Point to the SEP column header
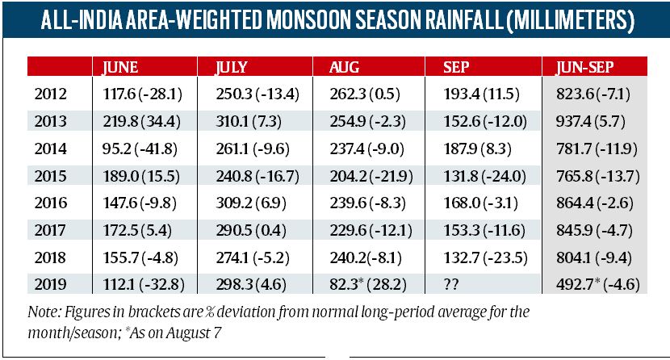458,68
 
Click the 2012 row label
52,94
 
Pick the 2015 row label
52,177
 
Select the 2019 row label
52,284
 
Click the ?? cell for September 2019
454,284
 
